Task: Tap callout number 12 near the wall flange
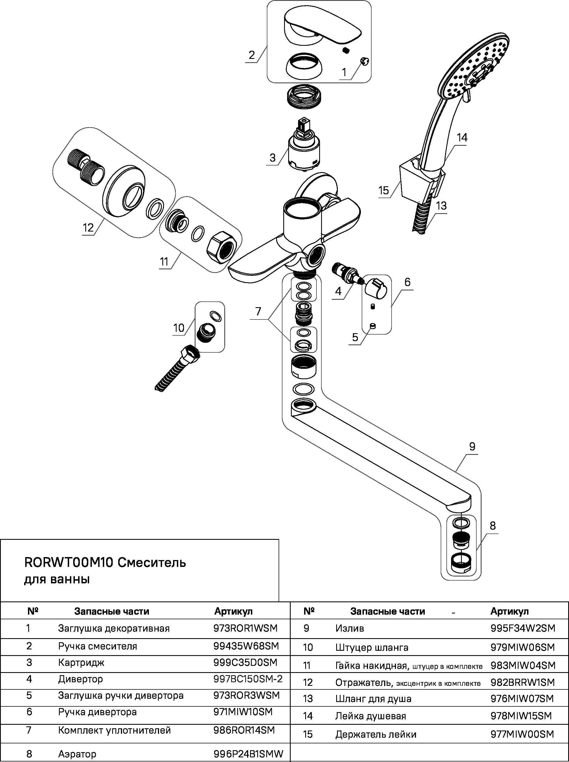click(88, 227)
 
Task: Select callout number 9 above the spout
click(472, 447)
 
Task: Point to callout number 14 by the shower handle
click(462, 138)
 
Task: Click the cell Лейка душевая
click(371, 716)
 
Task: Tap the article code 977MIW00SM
click(522, 734)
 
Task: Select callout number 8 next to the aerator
click(492, 526)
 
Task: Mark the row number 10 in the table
click(308, 647)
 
